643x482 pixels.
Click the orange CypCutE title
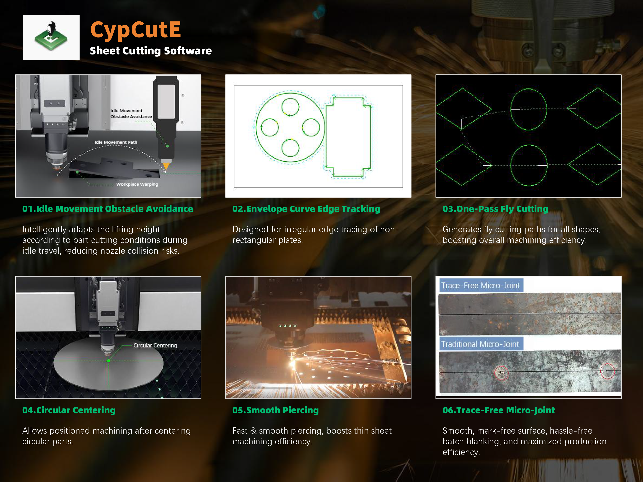(x=135, y=30)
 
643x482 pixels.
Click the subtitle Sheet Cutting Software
(x=151, y=51)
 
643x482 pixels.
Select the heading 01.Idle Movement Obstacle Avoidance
(x=108, y=209)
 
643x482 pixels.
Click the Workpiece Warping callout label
(x=137, y=184)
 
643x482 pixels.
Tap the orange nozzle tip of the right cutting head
(x=166, y=166)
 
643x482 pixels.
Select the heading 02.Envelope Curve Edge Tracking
(x=306, y=209)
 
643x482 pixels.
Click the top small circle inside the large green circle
(x=290, y=107)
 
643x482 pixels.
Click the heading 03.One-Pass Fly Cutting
(x=495, y=209)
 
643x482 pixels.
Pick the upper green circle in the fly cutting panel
(x=529, y=109)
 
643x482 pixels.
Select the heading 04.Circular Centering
(x=69, y=410)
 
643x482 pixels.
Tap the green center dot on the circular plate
(x=108, y=361)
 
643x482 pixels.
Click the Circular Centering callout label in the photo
(x=155, y=346)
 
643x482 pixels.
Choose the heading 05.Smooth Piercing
(x=275, y=410)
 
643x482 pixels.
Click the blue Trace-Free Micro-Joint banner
(x=480, y=285)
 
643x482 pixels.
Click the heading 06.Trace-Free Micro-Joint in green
(x=498, y=410)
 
